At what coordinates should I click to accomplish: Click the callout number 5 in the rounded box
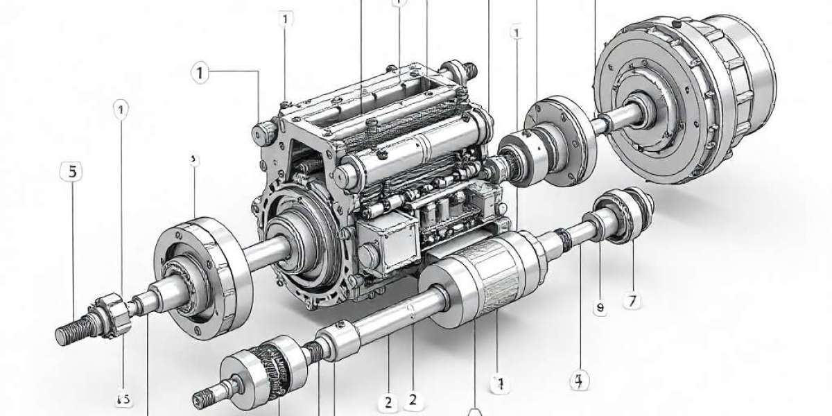[72, 172]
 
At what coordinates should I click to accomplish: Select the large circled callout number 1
[200, 73]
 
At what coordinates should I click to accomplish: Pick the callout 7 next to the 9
[632, 302]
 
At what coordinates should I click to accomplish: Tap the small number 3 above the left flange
[193, 159]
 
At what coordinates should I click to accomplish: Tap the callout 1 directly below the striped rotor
[497, 383]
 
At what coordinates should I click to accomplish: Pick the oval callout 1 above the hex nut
[122, 109]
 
